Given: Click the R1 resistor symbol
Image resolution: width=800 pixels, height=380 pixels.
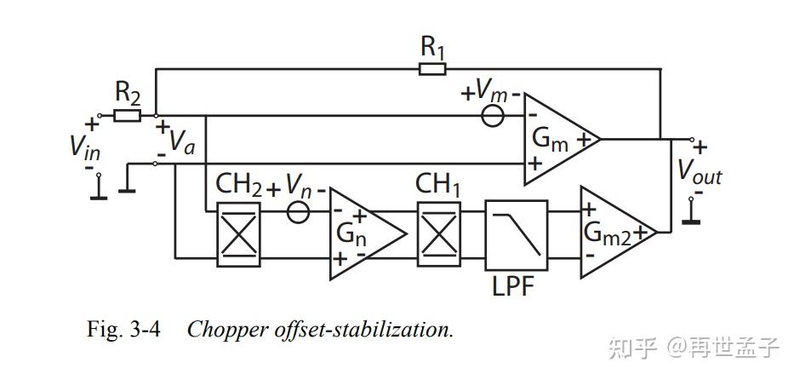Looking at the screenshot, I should (432, 68).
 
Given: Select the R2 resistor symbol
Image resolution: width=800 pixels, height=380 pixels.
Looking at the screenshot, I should (127, 115).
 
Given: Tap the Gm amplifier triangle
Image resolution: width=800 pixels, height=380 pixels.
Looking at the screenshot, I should (557, 138).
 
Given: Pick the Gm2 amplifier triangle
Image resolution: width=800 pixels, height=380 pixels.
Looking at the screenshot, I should (614, 232).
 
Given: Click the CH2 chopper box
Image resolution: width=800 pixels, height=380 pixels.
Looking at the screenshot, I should (238, 233).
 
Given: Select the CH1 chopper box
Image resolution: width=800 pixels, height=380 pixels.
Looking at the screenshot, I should (438, 233).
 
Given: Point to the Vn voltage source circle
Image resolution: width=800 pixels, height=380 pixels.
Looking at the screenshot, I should (297, 210).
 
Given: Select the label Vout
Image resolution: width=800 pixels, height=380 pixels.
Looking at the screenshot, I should (700, 172).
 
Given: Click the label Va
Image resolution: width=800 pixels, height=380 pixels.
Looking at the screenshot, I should (181, 141).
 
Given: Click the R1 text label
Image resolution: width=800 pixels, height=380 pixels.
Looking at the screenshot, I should (433, 46).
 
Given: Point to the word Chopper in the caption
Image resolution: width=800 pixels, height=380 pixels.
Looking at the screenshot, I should (223, 330).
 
